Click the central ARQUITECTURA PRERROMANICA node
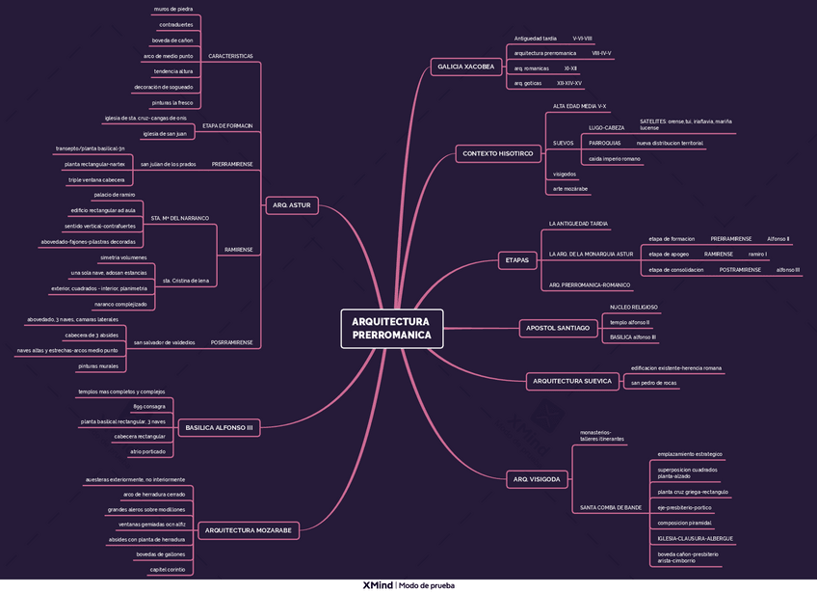pos(391,329)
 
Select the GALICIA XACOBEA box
pos(465,67)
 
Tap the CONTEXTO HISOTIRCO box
pos(497,153)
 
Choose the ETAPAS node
pos(516,259)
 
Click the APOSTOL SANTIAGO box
pos(558,328)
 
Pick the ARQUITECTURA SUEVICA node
pos(571,381)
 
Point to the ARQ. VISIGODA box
pos(536,478)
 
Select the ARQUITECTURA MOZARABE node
pos(250,529)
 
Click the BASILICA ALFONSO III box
pos(220,426)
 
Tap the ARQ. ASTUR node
pos(291,205)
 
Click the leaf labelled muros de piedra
pos(173,9)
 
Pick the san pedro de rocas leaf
pos(653,383)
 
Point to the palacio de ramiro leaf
pos(114,195)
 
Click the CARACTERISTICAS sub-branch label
pos(230,57)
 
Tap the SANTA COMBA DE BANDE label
pos(611,507)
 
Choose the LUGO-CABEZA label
pos(606,127)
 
